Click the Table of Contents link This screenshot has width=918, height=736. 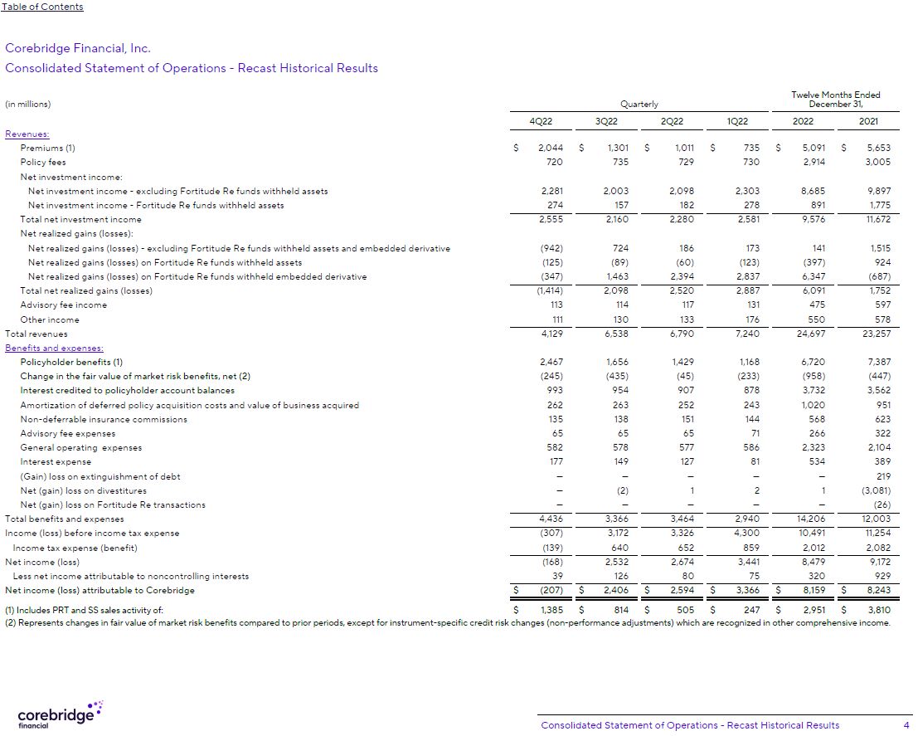coord(42,7)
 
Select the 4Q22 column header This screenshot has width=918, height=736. coord(541,120)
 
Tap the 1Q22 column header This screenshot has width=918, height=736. coord(736,120)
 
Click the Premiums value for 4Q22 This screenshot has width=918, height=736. coord(551,148)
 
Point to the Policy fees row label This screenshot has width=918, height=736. coord(43,163)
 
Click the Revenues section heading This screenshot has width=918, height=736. coord(27,134)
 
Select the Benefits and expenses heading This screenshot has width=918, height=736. coord(54,349)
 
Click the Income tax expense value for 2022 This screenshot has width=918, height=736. coord(803,548)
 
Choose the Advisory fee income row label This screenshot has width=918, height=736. coord(63,305)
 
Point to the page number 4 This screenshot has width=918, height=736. coord(906,725)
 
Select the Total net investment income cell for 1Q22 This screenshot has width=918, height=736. coord(745,219)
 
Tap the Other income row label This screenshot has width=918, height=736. coord(50,319)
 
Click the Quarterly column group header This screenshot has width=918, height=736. coord(639,105)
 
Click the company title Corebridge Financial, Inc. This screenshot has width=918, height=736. coord(78,49)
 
